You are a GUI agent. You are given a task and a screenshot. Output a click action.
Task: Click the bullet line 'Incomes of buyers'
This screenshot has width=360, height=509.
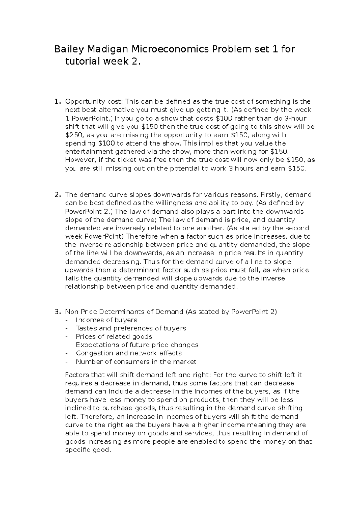106,320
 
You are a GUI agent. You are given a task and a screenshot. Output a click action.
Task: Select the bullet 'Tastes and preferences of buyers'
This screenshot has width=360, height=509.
131,328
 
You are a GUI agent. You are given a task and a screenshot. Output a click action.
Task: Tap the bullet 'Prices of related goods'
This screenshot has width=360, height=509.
114,337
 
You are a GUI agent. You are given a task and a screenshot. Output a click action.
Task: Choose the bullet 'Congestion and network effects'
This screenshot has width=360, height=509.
129,353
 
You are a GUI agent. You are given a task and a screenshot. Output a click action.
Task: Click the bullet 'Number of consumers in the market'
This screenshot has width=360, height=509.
136,362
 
